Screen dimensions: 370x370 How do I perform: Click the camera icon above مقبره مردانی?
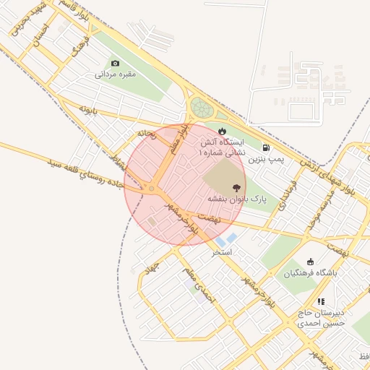(x=115, y=64)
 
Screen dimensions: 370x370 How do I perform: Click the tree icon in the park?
(x=236, y=188)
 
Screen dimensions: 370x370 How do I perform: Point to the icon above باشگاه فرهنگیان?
(x=310, y=262)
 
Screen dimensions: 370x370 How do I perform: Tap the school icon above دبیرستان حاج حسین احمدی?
(x=321, y=301)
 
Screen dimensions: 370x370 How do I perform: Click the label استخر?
(x=221, y=253)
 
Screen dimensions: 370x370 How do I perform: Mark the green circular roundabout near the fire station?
(x=202, y=109)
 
